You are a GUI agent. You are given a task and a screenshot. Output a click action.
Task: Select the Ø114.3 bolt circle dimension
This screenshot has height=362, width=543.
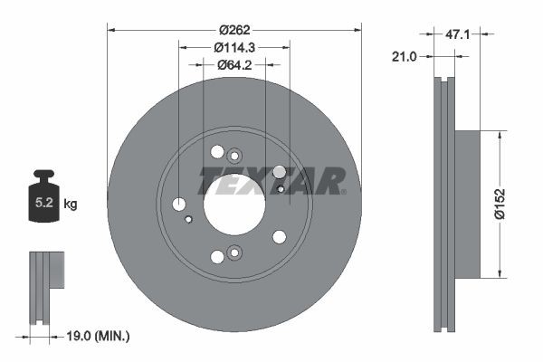click(x=233, y=47)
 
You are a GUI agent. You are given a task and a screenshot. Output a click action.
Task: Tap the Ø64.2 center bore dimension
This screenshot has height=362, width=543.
click(x=233, y=64)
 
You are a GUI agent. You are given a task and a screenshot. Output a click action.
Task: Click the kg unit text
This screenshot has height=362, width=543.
click(x=71, y=205)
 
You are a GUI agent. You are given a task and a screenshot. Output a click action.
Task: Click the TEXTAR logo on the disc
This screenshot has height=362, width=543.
click(x=272, y=180)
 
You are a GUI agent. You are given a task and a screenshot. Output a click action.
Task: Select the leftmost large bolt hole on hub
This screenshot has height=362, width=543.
click(x=178, y=205)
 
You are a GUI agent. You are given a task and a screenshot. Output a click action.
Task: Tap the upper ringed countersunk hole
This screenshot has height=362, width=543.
click(x=234, y=155)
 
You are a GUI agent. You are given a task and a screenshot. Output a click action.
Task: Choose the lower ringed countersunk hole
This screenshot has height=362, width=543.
click(x=234, y=253)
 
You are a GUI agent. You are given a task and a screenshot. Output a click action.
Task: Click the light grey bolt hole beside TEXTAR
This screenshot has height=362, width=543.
click(x=279, y=172)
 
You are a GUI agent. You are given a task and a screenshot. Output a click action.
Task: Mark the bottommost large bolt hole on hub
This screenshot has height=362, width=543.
click(x=217, y=257)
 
